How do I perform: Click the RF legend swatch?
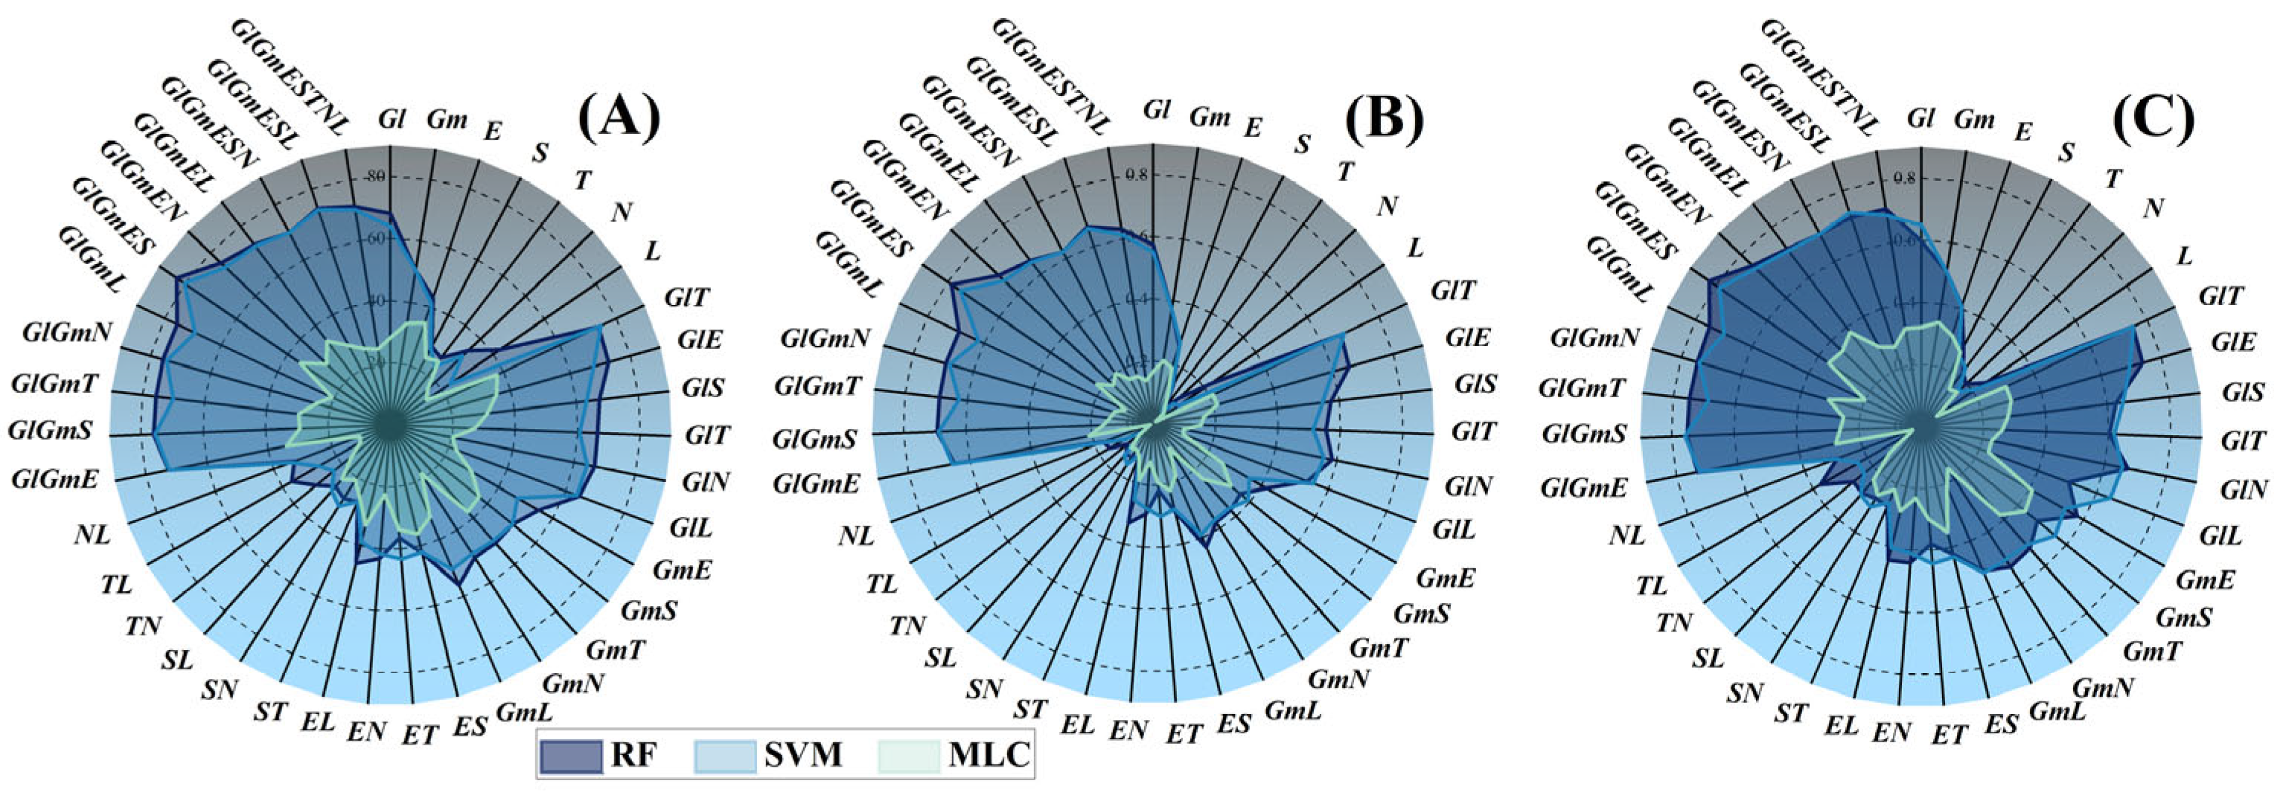pyautogui.click(x=572, y=755)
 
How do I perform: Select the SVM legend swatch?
pyautogui.click(x=726, y=755)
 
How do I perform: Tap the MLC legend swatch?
pyautogui.click(x=909, y=755)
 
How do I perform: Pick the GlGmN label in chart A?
pyautogui.click(x=68, y=332)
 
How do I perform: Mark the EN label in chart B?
pyautogui.click(x=1128, y=730)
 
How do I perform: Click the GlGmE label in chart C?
pyautogui.click(x=1584, y=487)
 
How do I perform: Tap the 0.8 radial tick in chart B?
pyautogui.click(x=1137, y=176)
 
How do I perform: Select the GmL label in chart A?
pyautogui.click(x=523, y=712)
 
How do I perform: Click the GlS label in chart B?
pyautogui.click(x=1475, y=384)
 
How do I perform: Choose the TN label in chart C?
pyautogui.click(x=1673, y=623)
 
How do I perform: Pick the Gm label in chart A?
pyautogui.click(x=447, y=118)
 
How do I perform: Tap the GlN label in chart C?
pyautogui.click(x=2244, y=488)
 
